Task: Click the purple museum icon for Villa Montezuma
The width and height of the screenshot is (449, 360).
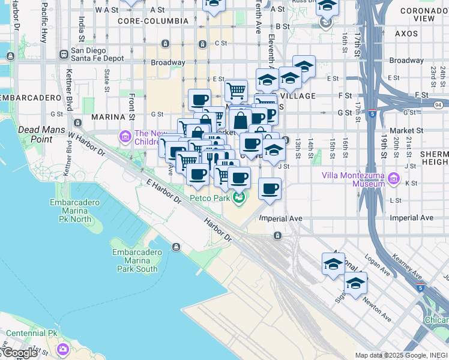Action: tap(393, 178)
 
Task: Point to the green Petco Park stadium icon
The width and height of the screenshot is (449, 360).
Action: tap(239, 198)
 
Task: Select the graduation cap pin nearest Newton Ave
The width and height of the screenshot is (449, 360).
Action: tap(355, 284)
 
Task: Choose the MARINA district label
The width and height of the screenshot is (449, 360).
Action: tap(107, 116)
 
